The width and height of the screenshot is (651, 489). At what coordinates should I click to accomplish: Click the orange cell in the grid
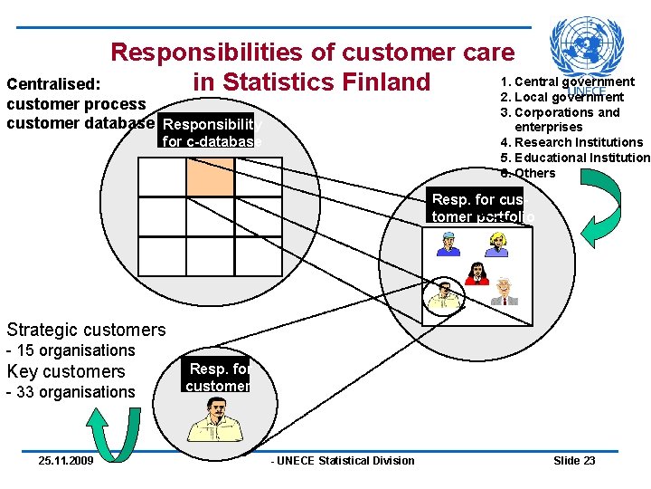tap(210, 177)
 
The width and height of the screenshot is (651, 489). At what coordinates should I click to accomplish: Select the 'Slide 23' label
tap(574, 461)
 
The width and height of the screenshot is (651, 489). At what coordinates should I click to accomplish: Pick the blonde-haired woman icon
tap(497, 244)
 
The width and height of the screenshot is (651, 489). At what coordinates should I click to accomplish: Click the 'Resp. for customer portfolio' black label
tap(476, 207)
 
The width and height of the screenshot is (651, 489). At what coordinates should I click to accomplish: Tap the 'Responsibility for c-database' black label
tap(211, 132)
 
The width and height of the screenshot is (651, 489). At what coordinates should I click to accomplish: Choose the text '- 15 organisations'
tap(71, 350)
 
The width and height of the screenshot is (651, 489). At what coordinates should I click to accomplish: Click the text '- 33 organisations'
tap(71, 392)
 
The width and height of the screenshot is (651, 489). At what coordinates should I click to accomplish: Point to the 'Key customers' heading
tap(66, 371)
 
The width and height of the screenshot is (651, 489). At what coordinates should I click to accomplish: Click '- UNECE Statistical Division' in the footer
tap(343, 461)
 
